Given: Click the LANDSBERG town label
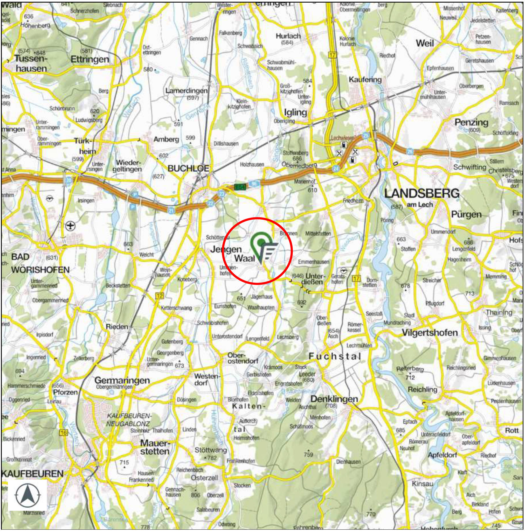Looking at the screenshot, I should tap(422, 194).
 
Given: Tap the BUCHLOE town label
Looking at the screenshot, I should tap(188, 169).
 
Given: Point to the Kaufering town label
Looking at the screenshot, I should tap(365, 80).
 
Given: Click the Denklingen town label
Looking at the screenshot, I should tap(334, 399).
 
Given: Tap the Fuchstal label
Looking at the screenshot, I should tap(335, 356).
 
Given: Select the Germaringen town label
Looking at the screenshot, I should tap(122, 380).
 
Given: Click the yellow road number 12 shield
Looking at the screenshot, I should tap(160, 296).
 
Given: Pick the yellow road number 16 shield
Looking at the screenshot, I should tap(63, 433).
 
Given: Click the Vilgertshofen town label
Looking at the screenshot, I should tap(430, 333).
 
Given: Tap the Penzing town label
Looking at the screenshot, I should tap(471, 122).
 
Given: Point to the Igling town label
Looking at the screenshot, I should tap(295, 112).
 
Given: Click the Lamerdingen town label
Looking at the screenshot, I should tap(186, 90).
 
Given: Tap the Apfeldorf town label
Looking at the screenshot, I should tap(442, 455).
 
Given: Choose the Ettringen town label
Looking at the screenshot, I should tap(90, 59).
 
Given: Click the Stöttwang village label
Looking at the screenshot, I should tap(211, 450).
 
